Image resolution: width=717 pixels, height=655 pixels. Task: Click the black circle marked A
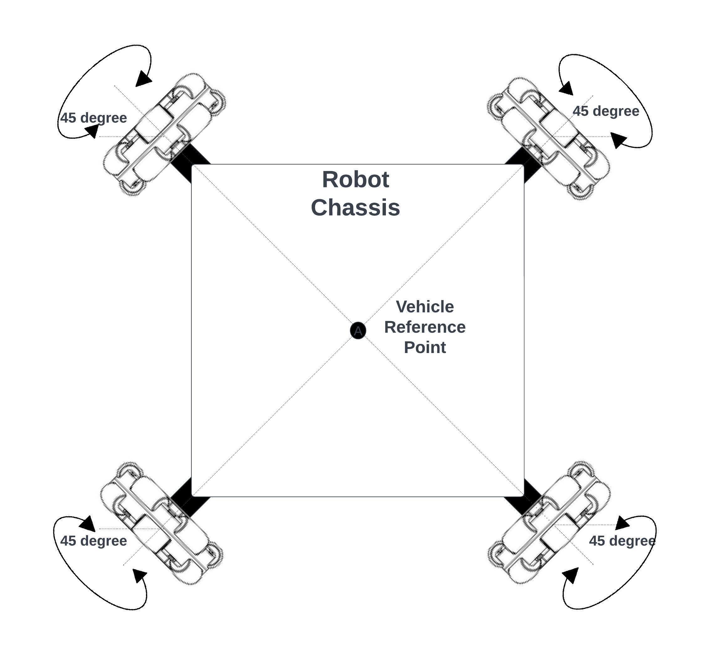(358, 330)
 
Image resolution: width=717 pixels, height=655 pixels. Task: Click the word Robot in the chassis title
(355, 179)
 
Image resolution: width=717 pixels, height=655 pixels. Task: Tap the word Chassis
(355, 207)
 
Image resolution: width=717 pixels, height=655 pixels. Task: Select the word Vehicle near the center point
(425, 307)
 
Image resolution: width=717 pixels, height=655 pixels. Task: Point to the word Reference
(425, 327)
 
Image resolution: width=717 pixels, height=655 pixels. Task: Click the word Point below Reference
(425, 347)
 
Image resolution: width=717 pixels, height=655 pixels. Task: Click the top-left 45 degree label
(94, 118)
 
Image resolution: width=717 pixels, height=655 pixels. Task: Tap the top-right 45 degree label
(606, 111)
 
